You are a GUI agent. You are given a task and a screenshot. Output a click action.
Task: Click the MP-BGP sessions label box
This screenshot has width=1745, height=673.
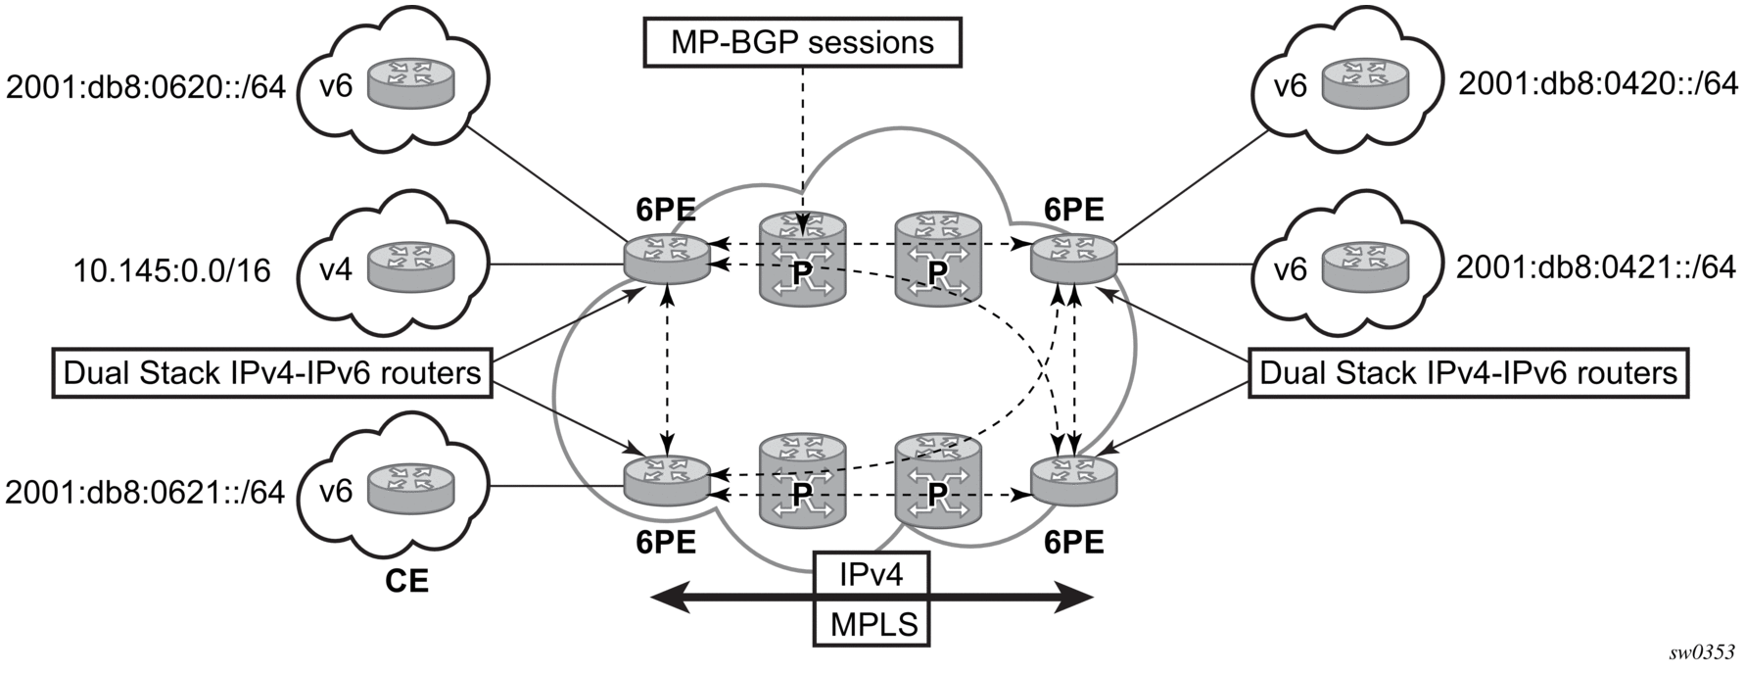pos(802,42)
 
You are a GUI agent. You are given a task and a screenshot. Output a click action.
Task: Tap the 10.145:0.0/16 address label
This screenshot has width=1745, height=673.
pos(172,269)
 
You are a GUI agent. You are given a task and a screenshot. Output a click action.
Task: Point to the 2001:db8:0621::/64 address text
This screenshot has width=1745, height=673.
pos(145,492)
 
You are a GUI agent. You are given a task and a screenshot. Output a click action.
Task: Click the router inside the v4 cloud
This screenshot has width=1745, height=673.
pos(411,264)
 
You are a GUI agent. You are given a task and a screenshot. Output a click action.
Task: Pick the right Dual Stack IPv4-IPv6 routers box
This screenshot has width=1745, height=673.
pos(1468,373)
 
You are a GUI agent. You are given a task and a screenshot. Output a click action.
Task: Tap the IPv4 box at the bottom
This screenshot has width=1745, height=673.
pos(871,574)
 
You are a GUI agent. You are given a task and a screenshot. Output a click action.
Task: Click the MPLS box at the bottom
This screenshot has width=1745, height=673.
pos(871,624)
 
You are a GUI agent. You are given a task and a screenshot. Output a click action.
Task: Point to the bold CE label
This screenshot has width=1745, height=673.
pos(405,582)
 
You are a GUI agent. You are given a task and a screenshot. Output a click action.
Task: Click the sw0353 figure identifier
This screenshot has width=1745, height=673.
pos(1703,652)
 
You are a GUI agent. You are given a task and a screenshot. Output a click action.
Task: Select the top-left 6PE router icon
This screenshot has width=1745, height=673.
pos(666,254)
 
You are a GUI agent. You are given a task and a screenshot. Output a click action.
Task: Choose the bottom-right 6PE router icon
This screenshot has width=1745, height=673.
pos(1074,476)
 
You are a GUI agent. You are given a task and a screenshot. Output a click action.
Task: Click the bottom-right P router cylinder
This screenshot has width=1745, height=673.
pos(937,479)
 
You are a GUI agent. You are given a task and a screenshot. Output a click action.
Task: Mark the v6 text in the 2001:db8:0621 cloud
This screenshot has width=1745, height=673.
pos(336,491)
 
